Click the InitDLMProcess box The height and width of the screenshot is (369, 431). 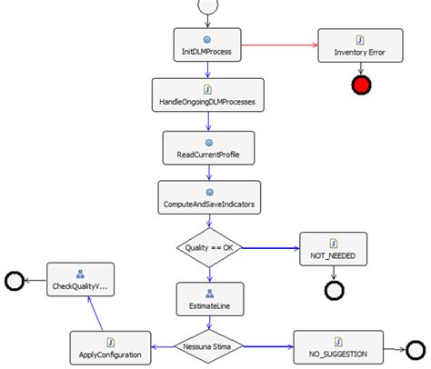pyautogui.click(x=206, y=45)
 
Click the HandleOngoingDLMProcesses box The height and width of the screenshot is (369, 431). pyautogui.click(x=206, y=96)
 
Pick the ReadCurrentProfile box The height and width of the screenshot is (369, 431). pyautogui.click(x=206, y=148)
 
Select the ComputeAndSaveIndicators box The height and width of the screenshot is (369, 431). pyautogui.click(x=206, y=198)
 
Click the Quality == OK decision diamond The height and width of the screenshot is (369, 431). pyautogui.click(x=207, y=247)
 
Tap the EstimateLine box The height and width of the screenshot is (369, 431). pyautogui.click(x=207, y=297)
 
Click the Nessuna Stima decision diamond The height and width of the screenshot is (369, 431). pyautogui.click(x=207, y=346)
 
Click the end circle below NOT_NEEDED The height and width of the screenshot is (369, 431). pyautogui.click(x=333, y=291)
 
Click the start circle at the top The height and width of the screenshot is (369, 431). pyautogui.click(x=206, y=6)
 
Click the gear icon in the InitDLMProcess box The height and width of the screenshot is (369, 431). pyautogui.click(x=206, y=40)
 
